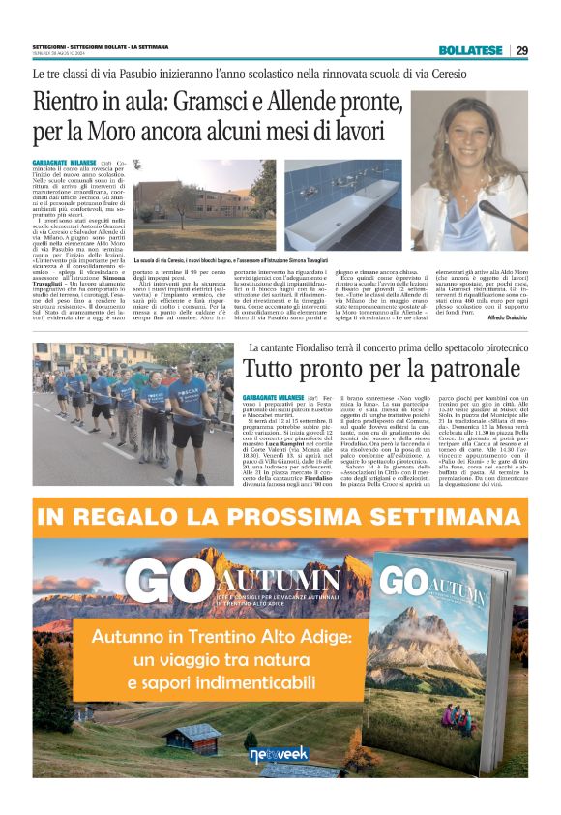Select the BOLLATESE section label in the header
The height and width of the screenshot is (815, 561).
click(x=469, y=50)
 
